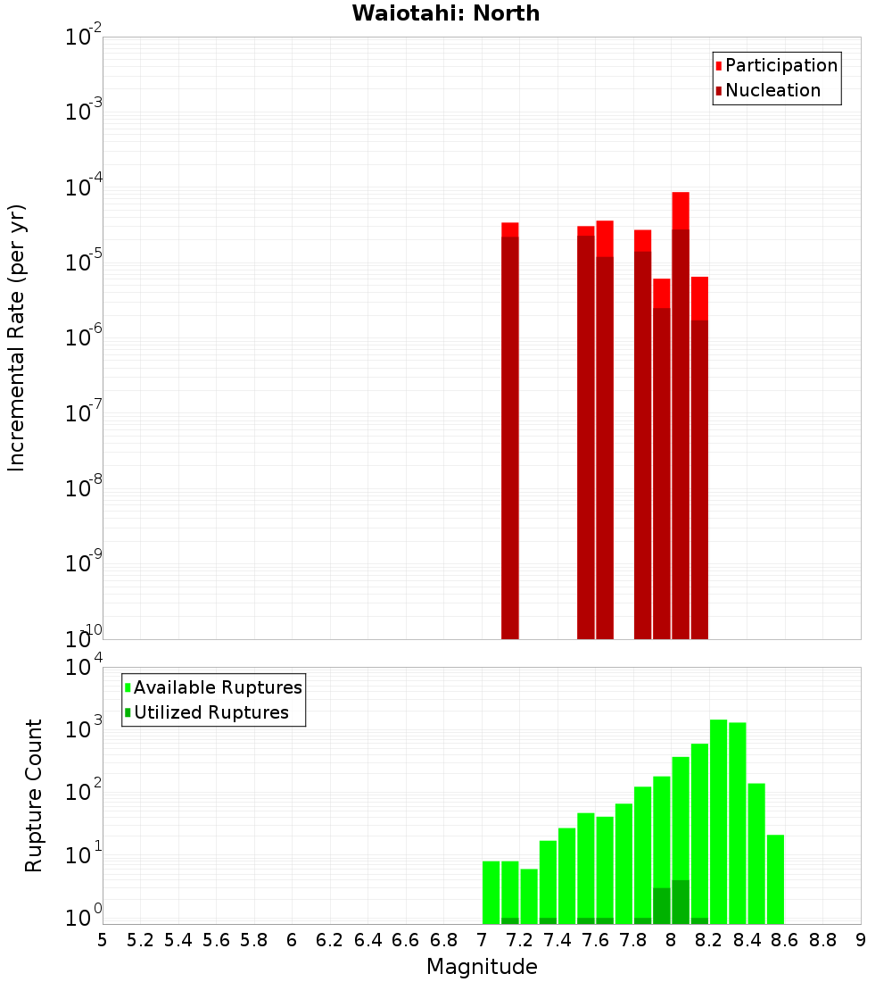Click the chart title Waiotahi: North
click(445, 13)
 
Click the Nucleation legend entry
click(772, 90)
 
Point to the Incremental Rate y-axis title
click(17, 337)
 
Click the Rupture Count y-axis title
click(34, 795)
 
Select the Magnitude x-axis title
click(482, 966)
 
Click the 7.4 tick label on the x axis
click(557, 940)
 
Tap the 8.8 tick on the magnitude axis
click(822, 940)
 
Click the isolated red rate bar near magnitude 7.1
click(510, 429)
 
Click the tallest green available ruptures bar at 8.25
click(718, 821)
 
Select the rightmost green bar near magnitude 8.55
click(775, 879)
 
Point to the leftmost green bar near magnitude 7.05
click(491, 893)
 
